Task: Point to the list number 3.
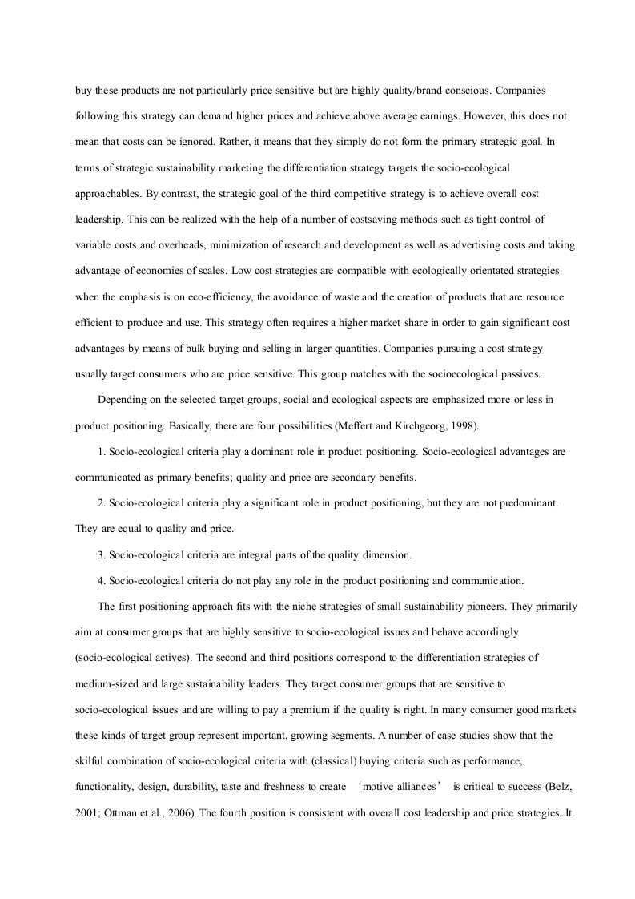[102, 554]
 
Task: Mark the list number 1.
[102, 451]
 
